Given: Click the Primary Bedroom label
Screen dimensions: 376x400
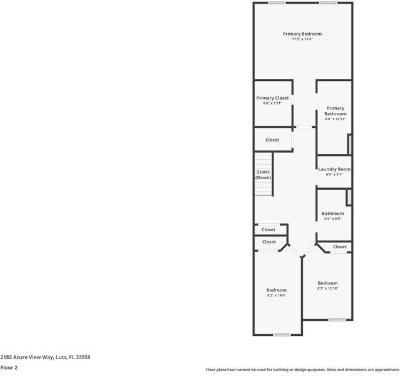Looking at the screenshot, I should (x=302, y=34).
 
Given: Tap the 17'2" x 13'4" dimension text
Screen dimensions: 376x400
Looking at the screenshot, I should (x=302, y=39).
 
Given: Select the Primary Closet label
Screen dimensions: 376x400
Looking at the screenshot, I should (x=272, y=98).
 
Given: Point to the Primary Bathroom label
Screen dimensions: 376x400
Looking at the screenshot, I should (x=336, y=111).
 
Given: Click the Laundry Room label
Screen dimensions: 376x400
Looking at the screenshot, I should (x=334, y=169).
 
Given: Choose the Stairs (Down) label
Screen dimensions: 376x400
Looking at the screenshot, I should (x=264, y=174).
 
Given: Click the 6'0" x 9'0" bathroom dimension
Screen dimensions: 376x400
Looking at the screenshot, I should (x=333, y=219).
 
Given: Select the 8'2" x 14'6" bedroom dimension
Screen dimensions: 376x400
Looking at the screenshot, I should (x=276, y=296).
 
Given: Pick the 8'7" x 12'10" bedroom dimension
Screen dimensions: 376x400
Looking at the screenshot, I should (x=327, y=289).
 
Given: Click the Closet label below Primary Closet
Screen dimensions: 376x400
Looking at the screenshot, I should (x=272, y=140).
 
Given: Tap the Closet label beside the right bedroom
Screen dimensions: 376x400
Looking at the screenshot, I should (x=340, y=247).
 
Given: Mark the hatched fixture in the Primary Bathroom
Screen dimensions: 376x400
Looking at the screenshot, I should (x=350, y=144).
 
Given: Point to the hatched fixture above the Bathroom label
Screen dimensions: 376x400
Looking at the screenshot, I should (x=350, y=197).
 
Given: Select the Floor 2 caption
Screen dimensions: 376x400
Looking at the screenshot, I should (x=9, y=367).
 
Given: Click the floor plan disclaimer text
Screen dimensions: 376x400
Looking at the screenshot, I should (x=302, y=370).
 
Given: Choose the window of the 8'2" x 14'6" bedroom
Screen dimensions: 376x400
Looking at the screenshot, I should (x=282, y=335).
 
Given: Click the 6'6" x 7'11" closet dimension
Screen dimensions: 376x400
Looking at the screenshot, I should (x=272, y=103).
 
